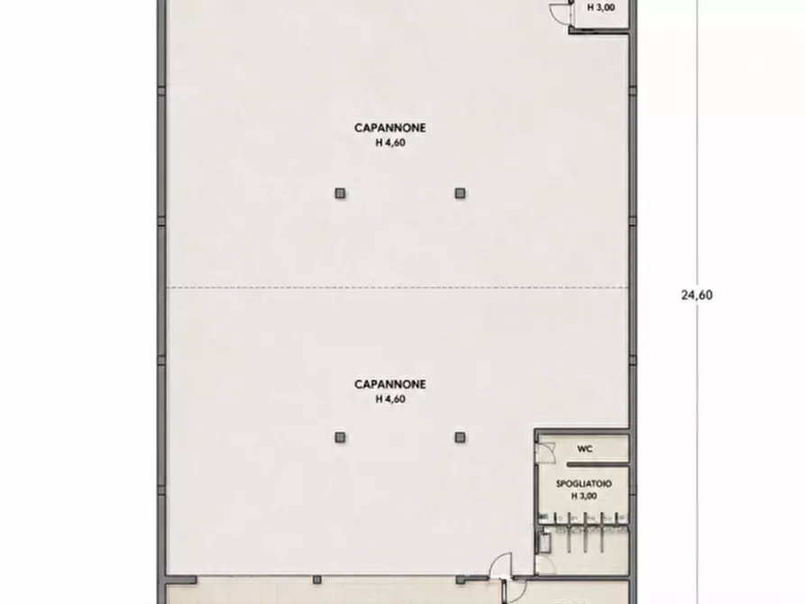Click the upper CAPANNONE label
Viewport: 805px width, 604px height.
pyautogui.click(x=390, y=128)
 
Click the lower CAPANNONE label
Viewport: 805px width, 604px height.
pyautogui.click(x=390, y=384)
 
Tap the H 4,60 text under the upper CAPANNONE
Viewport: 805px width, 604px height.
pyautogui.click(x=390, y=142)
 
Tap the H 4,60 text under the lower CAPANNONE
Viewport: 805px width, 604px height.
pyautogui.click(x=390, y=399)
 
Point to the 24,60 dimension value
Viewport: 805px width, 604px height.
pyautogui.click(x=697, y=295)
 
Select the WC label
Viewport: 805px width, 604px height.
pyautogui.click(x=585, y=449)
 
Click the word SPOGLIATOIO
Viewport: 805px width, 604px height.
pyautogui.click(x=584, y=484)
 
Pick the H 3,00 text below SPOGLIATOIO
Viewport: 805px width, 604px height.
pyautogui.click(x=584, y=496)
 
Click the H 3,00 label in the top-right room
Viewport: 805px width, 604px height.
pyautogui.click(x=601, y=8)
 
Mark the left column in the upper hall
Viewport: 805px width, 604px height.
pyautogui.click(x=340, y=193)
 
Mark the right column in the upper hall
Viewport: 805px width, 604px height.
pyautogui.click(x=460, y=193)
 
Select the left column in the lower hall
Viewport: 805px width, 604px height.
pyautogui.click(x=340, y=437)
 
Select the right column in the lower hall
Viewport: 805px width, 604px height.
pyautogui.click(x=460, y=437)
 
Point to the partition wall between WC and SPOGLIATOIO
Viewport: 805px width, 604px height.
pyautogui.click(x=598, y=464)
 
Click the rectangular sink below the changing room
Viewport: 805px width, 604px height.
pyautogui.click(x=544, y=543)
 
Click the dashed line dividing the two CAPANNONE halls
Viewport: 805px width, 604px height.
pyautogui.click(x=397, y=288)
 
